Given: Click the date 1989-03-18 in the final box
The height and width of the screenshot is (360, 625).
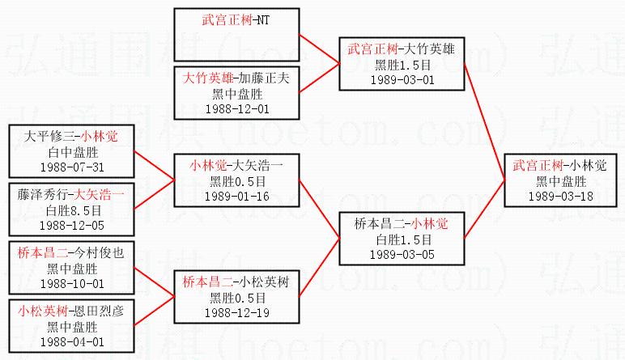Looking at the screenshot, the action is tap(560, 196).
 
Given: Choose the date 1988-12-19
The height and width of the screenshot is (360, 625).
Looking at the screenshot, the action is tap(237, 312).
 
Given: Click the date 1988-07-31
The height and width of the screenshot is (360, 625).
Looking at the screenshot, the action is tap(72, 167).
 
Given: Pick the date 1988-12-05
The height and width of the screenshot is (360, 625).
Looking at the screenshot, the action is tap(72, 225).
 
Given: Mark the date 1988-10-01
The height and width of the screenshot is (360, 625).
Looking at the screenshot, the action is tap(72, 283).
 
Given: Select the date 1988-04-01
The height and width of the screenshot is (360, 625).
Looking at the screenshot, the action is tap(72, 341).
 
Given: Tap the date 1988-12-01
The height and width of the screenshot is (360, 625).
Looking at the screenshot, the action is tap(237, 108).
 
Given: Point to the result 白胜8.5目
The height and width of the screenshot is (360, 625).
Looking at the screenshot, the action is tap(72, 210).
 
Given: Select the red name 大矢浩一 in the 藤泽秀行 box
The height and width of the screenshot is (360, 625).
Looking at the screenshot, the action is tap(99, 195).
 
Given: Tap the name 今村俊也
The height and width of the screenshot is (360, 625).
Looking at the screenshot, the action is tap(99, 253).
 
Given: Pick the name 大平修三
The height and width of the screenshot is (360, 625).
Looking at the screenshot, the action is tap(45, 137).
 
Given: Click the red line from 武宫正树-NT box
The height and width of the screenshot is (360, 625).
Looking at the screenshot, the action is tap(319, 47).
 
